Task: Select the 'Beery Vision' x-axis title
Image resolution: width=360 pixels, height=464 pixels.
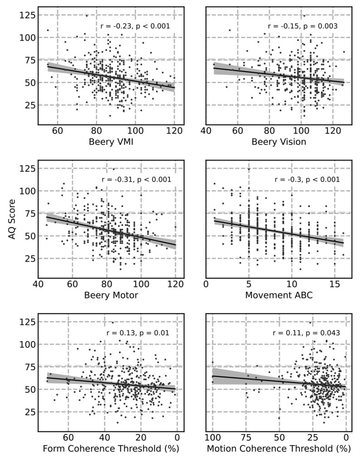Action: pyautogui.click(x=279, y=142)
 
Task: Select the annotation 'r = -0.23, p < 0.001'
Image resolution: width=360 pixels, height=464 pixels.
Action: pyautogui.click(x=135, y=26)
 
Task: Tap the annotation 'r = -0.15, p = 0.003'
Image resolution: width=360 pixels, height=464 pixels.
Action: pyautogui.click(x=302, y=26)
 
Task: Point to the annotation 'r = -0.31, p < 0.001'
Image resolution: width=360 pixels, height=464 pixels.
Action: pyautogui.click(x=136, y=180)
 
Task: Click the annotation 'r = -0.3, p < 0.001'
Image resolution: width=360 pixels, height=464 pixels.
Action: pyautogui.click(x=307, y=180)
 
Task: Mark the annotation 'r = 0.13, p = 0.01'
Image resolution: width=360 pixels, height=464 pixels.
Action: pyautogui.click(x=138, y=333)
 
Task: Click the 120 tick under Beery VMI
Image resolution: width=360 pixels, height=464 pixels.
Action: pyautogui.click(x=175, y=131)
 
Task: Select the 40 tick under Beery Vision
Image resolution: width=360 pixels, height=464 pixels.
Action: pyautogui.click(x=206, y=131)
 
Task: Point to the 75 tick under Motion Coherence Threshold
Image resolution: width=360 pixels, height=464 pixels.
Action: pyautogui.click(x=246, y=438)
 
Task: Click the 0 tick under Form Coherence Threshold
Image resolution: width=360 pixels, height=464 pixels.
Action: pyautogui.click(x=177, y=438)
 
